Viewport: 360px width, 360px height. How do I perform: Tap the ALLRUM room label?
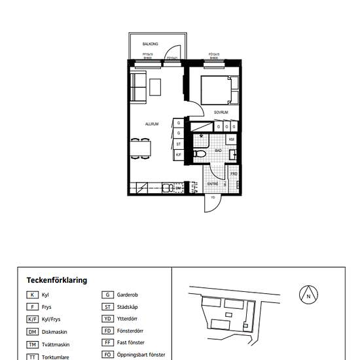[x=153, y=123]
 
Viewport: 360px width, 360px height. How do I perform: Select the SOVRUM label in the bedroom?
[x=221, y=113]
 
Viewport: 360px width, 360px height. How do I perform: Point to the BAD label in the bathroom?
[x=219, y=150]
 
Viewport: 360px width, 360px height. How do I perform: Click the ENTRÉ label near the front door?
[x=213, y=184]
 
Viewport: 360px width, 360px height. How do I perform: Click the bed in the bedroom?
[x=215, y=90]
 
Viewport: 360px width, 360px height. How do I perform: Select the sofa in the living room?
[x=137, y=88]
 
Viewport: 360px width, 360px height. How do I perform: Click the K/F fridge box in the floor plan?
[x=179, y=154]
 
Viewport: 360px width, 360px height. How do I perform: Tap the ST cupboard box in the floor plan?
[x=179, y=143]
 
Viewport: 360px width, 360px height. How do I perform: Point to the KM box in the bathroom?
[x=232, y=139]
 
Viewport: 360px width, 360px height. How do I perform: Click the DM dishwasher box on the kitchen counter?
[x=178, y=188]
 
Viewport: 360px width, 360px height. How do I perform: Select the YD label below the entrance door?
[x=213, y=215]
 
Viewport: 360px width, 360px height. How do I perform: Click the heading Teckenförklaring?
[x=56, y=280]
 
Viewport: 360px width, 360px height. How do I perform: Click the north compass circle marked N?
[x=308, y=296]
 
